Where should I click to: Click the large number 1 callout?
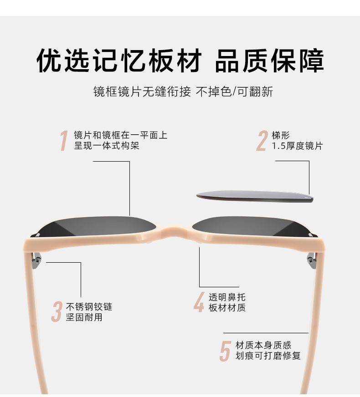(64, 141)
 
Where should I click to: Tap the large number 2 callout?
(262, 141)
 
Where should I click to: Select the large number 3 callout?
(57, 312)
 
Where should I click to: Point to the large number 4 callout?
(199, 302)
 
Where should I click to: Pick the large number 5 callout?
(225, 351)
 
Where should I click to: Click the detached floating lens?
(255, 197)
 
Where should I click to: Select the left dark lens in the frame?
(96, 227)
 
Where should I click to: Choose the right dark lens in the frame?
(253, 227)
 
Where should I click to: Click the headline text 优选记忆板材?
(119, 61)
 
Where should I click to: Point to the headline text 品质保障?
(270, 61)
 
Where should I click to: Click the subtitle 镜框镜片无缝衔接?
(142, 92)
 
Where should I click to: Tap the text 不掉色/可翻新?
(234, 92)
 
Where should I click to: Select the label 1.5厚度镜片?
(297, 146)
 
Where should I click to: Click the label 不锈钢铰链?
(89, 307)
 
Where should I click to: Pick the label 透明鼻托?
(227, 297)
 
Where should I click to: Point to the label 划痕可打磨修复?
(268, 356)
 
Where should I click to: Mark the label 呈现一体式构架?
(107, 146)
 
